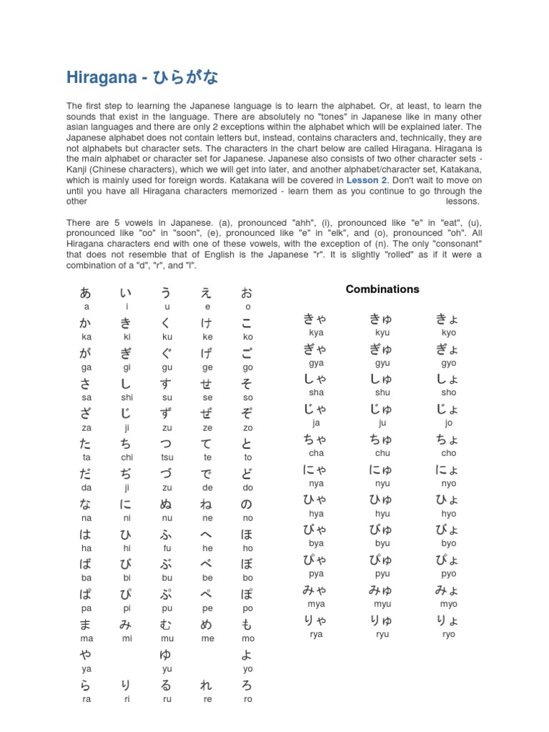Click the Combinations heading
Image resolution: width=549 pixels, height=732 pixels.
(x=382, y=290)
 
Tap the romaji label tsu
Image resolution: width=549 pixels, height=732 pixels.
(x=167, y=457)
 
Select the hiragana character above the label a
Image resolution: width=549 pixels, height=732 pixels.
(x=86, y=292)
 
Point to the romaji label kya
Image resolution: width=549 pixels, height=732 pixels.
(x=316, y=333)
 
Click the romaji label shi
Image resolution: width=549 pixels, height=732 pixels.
(x=127, y=397)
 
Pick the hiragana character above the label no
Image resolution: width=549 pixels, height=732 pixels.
(x=247, y=504)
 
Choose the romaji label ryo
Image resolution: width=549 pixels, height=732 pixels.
(x=448, y=635)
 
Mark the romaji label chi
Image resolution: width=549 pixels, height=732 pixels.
(x=127, y=457)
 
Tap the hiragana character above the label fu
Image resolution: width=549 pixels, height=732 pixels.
(x=167, y=534)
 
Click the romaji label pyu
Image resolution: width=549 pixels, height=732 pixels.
(x=382, y=574)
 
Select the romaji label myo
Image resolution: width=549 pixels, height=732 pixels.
(x=448, y=605)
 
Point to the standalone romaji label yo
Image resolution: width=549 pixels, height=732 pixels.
(x=247, y=670)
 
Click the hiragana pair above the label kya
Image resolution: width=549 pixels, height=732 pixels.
(x=316, y=320)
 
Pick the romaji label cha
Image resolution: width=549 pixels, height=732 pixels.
(x=316, y=454)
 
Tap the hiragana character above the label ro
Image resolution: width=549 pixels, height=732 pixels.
(x=247, y=686)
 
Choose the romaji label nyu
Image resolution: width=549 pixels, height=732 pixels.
(x=382, y=484)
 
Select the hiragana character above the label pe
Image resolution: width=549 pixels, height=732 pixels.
(x=207, y=595)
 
